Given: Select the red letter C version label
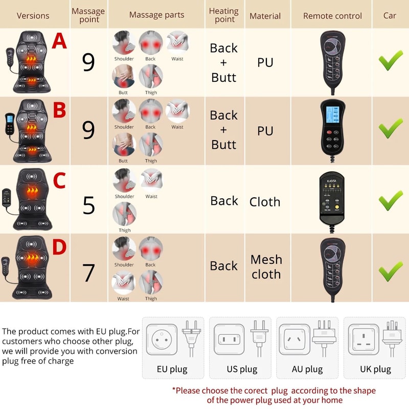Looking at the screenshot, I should pos(59,180).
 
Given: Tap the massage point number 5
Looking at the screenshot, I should pos(88,206).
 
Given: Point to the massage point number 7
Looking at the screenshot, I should pos(88,272).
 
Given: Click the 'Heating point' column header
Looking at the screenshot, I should pos(224,15).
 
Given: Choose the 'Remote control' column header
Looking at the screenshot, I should pos(332,15).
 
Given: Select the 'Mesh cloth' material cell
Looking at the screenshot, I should pos(265,267).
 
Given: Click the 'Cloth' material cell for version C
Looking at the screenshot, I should pos(265,202).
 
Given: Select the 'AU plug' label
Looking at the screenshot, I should pos(307,369).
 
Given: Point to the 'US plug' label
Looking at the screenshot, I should pos(242,369).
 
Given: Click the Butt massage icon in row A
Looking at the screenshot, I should pos(124,77).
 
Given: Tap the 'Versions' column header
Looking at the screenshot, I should pos(33,15).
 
